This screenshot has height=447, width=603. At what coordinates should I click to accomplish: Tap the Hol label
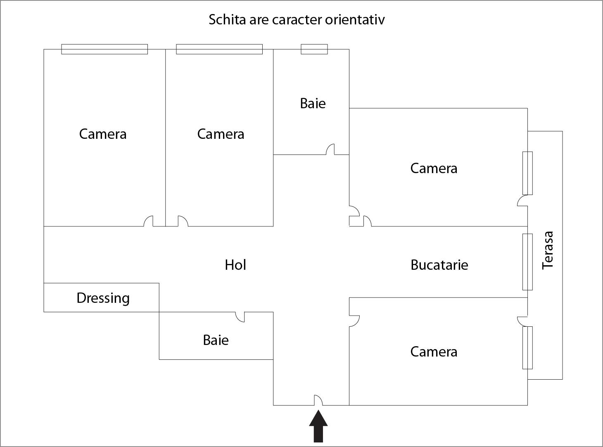[x=235, y=265]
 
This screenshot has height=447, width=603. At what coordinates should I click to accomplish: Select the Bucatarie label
[x=439, y=265]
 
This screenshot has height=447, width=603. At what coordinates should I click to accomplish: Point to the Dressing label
[x=103, y=298]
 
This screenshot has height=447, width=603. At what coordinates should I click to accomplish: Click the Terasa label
[x=548, y=250]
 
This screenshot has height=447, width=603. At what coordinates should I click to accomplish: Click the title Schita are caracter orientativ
[x=297, y=19]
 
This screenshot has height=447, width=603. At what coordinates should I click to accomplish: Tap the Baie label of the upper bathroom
[x=313, y=103]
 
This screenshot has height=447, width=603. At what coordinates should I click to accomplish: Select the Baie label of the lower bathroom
[x=216, y=340]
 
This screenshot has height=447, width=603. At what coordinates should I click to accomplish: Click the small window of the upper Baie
[x=314, y=49]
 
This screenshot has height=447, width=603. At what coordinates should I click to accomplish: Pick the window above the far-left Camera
[x=104, y=49]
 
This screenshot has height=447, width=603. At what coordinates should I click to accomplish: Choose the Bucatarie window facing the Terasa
[x=527, y=262]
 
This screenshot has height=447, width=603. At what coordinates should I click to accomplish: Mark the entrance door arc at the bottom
[x=318, y=400]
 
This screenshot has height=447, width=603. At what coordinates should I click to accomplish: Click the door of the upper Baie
[x=330, y=150]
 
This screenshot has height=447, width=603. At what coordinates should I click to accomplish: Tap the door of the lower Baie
[x=240, y=317]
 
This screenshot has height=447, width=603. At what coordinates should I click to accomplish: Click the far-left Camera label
[x=102, y=134]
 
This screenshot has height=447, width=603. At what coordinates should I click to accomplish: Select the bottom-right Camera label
[x=434, y=352]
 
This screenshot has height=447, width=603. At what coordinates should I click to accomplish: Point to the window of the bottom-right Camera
[x=527, y=347]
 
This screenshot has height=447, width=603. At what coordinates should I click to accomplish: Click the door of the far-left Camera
[x=149, y=221]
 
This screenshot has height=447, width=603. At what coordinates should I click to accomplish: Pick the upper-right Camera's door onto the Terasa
[x=522, y=201]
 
